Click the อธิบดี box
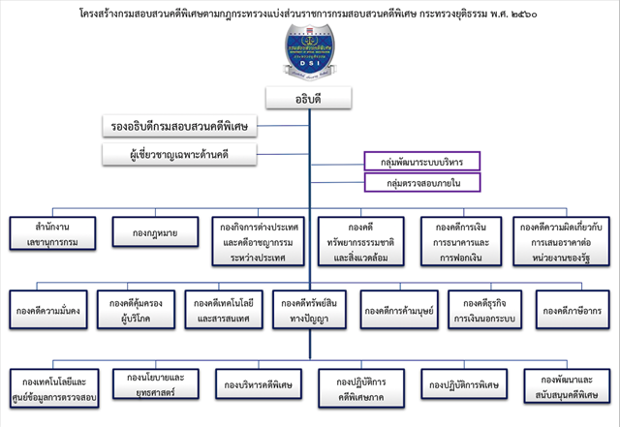coord(308,98)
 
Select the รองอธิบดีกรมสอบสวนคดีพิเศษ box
coord(180,127)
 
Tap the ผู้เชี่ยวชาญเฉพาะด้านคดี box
coord(180,154)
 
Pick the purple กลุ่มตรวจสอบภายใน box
coord(422,181)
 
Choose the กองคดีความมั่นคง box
coord(48,310)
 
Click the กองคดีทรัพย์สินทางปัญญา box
coord(310,310)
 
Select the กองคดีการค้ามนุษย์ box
coord(397,310)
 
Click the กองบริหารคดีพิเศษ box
coord(256,384)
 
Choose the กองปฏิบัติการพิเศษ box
coord(461,384)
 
